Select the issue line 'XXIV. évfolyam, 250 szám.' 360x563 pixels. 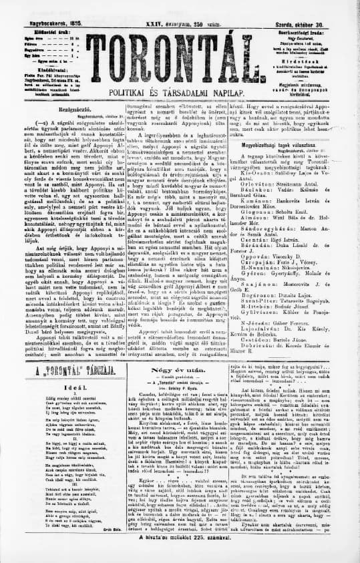pos(180,5)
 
